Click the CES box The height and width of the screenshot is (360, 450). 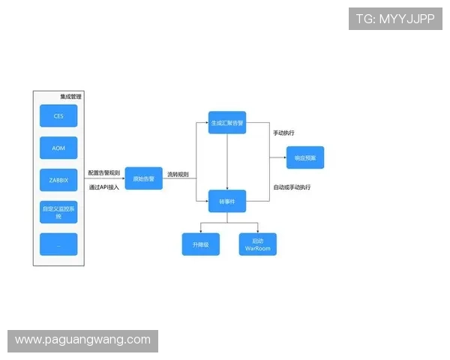(x=58, y=116)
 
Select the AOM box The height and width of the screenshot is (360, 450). (x=58, y=148)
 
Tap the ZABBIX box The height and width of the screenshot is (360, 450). (x=58, y=180)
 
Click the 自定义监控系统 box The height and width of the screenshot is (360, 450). (x=58, y=212)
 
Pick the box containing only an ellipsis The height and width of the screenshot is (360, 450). (x=58, y=244)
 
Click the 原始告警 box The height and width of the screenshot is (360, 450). (x=143, y=178)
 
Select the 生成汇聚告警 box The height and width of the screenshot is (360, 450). (x=227, y=122)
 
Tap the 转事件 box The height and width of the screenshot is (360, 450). (x=227, y=202)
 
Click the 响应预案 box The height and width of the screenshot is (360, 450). (x=305, y=157)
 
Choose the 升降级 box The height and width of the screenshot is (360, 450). (x=201, y=244)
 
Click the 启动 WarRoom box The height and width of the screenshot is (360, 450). (x=257, y=244)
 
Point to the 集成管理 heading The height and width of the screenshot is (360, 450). (x=71, y=97)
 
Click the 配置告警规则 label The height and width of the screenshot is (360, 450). (x=103, y=173)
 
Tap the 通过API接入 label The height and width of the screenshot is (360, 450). (x=103, y=187)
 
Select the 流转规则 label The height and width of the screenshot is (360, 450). (x=178, y=174)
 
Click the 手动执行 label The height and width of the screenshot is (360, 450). (x=283, y=133)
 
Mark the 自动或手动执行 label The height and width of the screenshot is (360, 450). (x=292, y=187)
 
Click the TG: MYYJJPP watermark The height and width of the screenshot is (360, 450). (x=395, y=19)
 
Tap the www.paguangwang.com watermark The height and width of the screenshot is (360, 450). (x=83, y=340)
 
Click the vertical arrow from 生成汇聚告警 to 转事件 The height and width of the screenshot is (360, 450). (x=227, y=161)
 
